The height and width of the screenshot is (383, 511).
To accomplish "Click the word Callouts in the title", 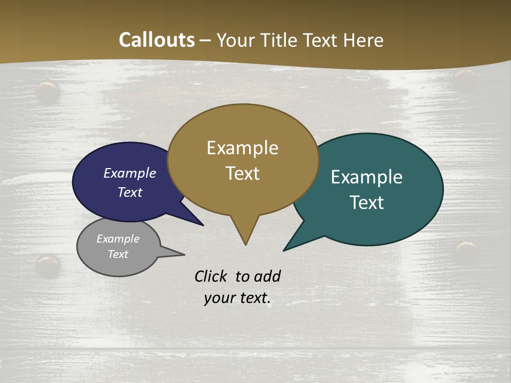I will point(156,40).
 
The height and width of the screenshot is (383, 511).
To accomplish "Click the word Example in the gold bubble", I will point(242,148).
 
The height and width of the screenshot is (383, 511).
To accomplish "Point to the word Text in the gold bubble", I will point(243,173).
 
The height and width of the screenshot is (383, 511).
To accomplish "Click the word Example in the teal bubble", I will point(367,177).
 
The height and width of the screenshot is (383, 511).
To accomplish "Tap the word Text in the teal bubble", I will point(367,203).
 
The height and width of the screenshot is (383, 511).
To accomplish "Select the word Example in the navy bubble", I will point(130,173).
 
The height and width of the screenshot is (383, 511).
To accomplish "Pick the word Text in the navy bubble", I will point(130,192).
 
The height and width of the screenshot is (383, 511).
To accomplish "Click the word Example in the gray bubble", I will point(118,239).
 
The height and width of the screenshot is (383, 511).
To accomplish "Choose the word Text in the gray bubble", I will point(118,254).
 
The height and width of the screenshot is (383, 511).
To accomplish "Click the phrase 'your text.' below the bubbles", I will point(237,298).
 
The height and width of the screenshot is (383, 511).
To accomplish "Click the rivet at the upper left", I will point(48,91).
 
